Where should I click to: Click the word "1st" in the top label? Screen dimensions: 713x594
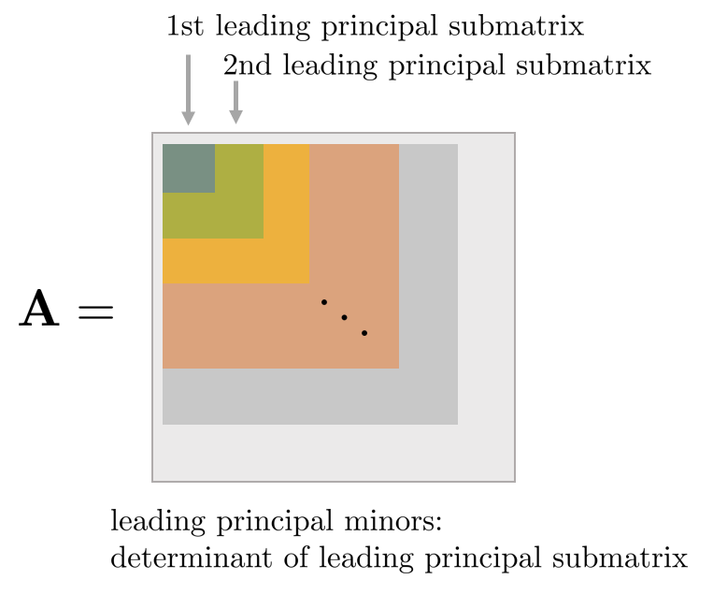point(187,26)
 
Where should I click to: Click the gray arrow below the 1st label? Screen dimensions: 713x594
point(188,90)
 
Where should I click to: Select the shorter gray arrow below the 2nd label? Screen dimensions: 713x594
point(235,102)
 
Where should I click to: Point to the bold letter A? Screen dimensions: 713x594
point(39,311)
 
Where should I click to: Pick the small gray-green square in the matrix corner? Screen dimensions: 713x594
point(188,168)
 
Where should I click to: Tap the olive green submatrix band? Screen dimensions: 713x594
point(238,215)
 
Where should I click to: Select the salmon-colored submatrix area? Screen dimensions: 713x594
point(280,327)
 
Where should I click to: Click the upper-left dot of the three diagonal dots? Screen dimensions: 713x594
point(324,301)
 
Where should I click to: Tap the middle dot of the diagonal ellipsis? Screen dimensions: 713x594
point(344,317)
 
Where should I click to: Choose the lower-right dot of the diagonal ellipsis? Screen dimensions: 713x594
point(364,333)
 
